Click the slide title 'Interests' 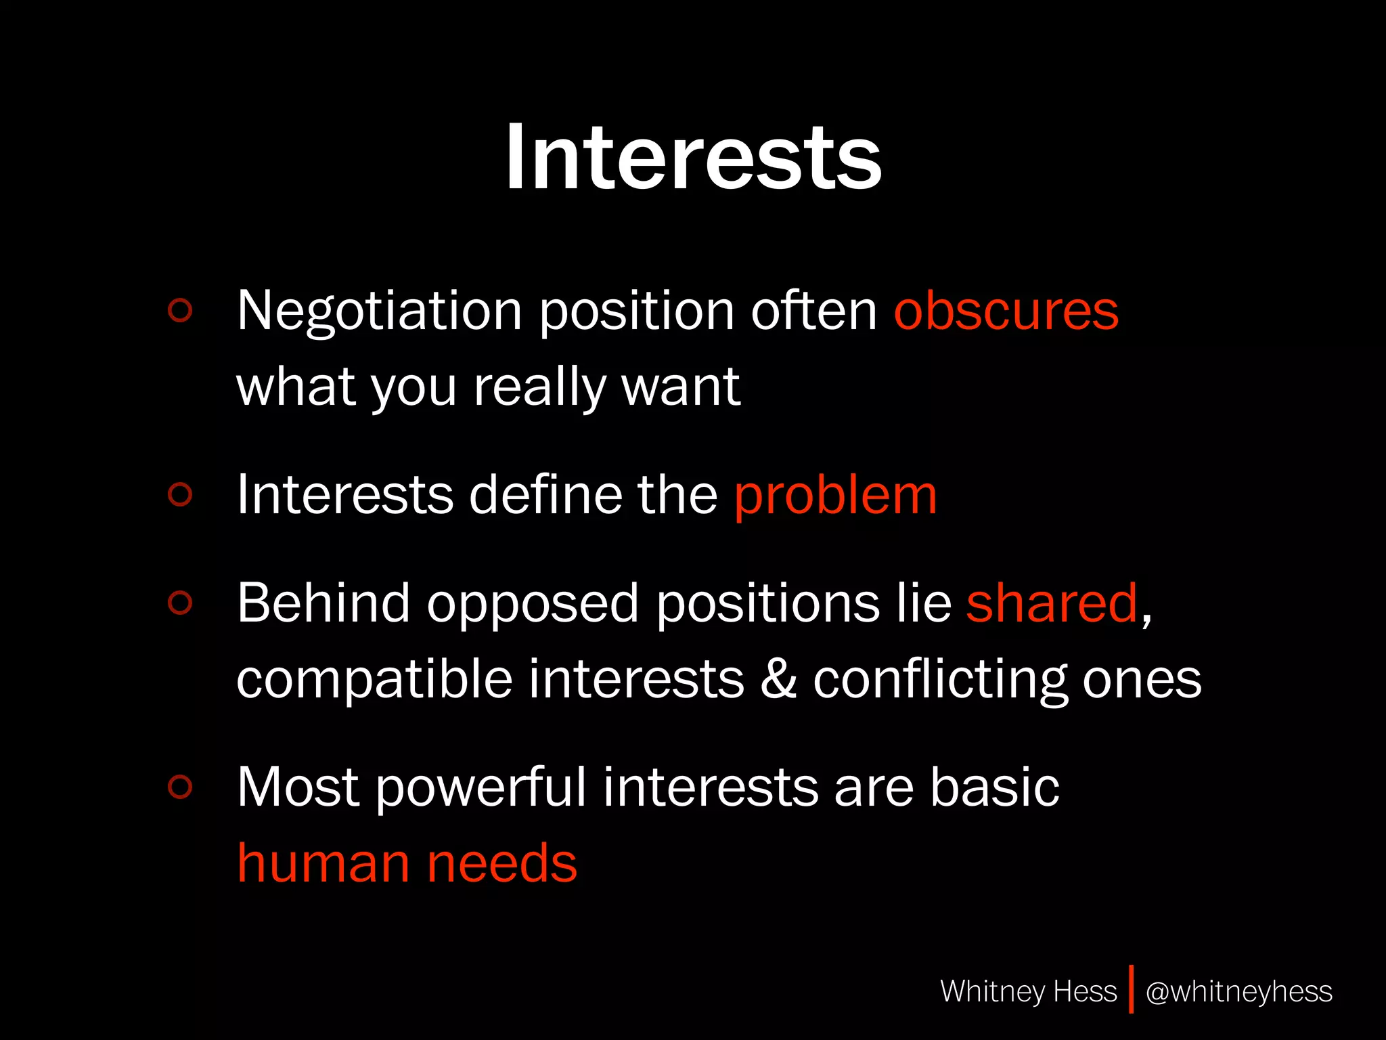coord(694,157)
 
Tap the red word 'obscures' coord(1006,311)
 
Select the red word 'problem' coord(836,495)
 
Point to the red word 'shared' coord(1052,603)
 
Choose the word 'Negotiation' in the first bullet coord(379,311)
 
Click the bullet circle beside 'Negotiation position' coord(180,311)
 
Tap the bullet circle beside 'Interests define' coord(180,494)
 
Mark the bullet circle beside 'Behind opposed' coord(180,603)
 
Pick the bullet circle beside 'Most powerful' coord(180,786)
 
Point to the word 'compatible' coord(374,680)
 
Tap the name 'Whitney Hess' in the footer coord(1028,991)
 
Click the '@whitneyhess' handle coord(1238,991)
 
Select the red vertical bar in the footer coord(1131,989)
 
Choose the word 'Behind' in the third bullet coord(323,603)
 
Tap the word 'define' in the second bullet coord(545,495)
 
